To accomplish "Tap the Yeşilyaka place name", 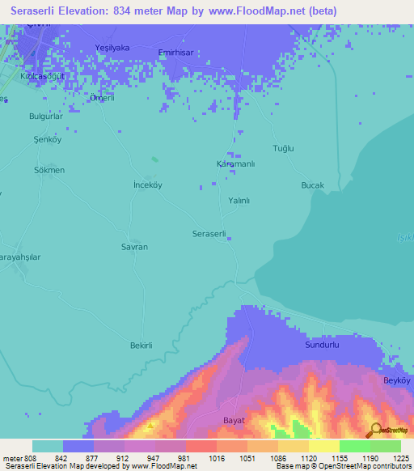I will tap(112, 48).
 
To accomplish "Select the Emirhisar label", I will tap(178, 52).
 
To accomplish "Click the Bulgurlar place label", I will tap(46, 117).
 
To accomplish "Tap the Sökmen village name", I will tap(49, 170).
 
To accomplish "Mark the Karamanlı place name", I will tap(236, 163).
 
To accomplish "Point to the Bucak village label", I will tap(312, 185).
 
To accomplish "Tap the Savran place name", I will tap(134, 246).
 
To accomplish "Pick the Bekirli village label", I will tap(142, 346).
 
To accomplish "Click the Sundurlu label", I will tap(321, 345).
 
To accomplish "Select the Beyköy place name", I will tap(398, 380).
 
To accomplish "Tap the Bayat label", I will tap(233, 420).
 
